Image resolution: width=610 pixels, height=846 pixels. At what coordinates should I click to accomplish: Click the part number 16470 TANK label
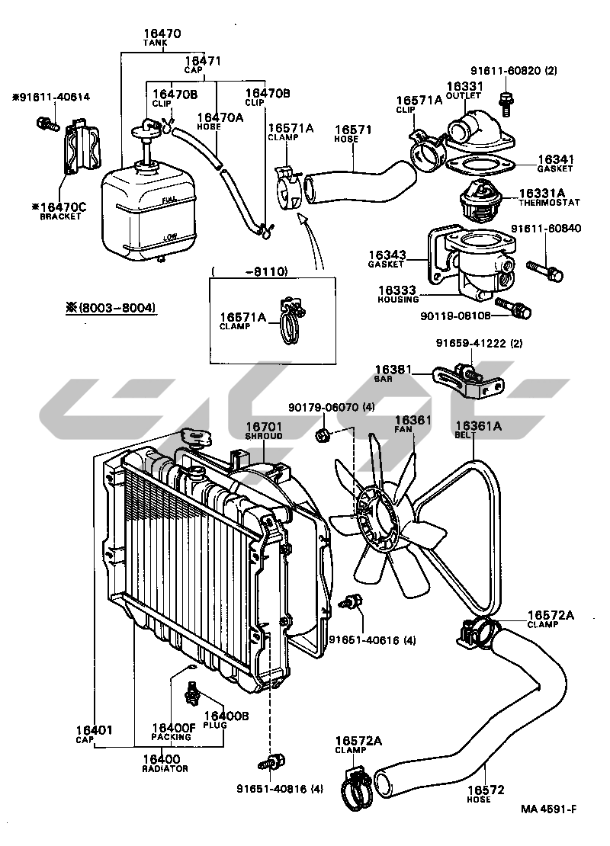coord(162,38)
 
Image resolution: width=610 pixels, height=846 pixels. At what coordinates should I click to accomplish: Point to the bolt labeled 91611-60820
coord(505,99)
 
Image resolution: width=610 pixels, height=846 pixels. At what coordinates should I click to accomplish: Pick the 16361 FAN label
coord(413,425)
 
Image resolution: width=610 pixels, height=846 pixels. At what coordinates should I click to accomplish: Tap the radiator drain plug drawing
coord(192,694)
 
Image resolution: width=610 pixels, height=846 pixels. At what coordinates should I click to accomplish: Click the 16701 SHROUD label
coord(263,431)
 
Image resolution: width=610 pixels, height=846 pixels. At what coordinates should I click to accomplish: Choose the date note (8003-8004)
coord(111,308)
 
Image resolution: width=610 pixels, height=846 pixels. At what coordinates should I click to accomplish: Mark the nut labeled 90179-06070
coord(322,436)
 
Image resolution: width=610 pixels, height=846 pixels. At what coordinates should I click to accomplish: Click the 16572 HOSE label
coord(486,794)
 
